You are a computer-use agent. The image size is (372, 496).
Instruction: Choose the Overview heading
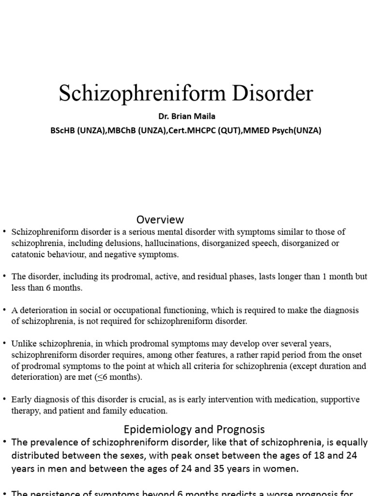160,220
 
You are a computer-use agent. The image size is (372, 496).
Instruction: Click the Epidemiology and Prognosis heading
194,429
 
